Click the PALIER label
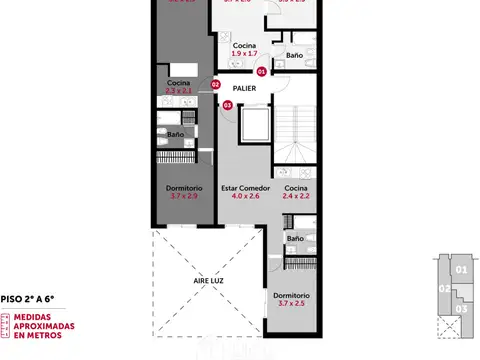pos(244,86)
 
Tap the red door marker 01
pos(261,72)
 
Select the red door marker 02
pos(215,85)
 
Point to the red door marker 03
pos(227,105)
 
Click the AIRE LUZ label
pos(208,283)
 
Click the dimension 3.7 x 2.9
pos(184,197)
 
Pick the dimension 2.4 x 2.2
pos(295,197)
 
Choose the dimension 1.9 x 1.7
pos(243,55)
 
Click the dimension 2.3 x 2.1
pos(178,91)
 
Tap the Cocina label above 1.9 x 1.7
pos(243,46)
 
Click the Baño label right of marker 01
pos(294,55)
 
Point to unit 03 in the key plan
pos(460,309)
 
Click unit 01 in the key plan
pos(460,269)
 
